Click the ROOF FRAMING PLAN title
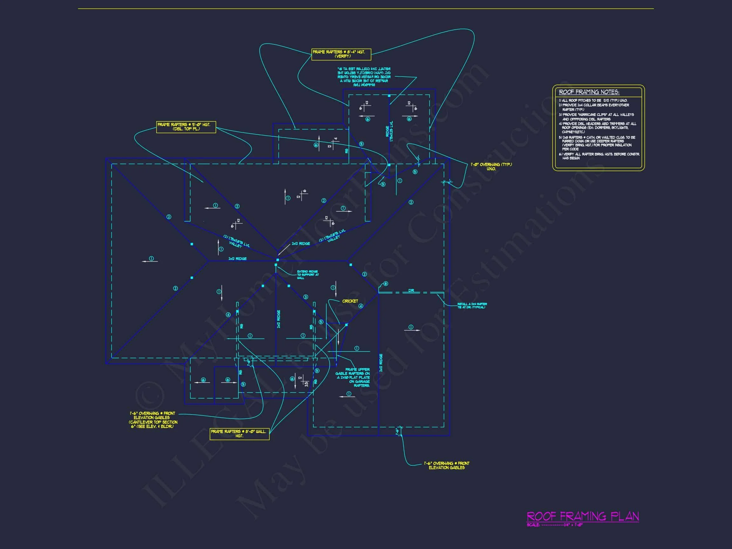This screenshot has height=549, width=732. coord(582,516)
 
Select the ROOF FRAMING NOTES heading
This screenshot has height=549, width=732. coord(589,92)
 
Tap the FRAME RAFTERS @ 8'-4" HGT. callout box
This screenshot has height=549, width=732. coord(341,54)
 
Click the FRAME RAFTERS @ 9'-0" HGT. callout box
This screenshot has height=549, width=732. coord(186,127)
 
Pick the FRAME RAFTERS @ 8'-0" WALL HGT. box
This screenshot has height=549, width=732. coord(239,433)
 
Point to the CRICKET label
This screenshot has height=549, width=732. coord(350,301)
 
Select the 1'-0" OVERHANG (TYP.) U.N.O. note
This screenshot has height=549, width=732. coord(491,166)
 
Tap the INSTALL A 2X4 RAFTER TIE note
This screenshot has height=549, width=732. coord(472,305)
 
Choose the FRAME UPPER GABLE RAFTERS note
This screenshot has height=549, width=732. coord(353,377)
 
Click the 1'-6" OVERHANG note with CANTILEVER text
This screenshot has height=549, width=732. coord(153,420)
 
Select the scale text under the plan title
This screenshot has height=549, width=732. coord(555,525)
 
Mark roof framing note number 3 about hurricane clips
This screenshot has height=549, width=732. coord(596,117)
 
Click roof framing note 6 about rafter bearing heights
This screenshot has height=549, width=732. coord(599,156)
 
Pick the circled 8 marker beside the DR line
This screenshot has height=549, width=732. coord(385,284)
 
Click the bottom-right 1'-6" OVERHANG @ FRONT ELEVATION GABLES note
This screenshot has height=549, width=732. coord(446,465)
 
